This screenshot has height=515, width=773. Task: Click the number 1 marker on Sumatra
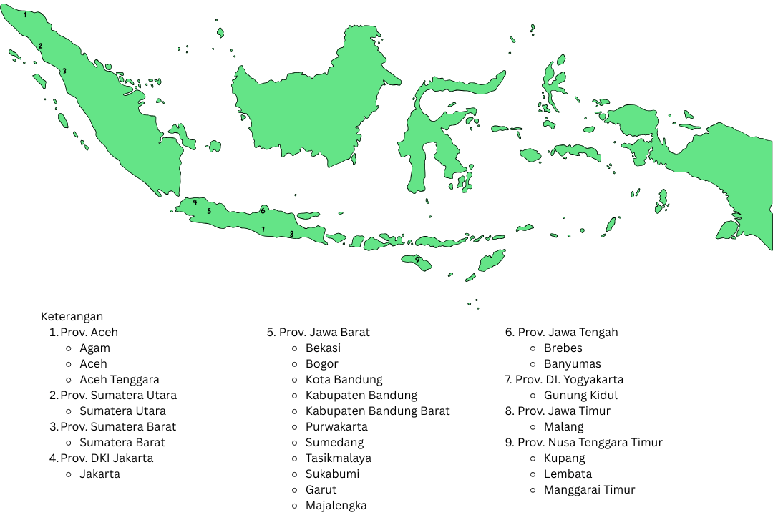click(x=25, y=14)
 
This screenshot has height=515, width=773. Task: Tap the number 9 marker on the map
click(x=417, y=259)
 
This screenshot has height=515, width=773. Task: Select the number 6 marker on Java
click(x=263, y=210)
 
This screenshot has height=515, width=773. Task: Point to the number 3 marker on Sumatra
click(x=64, y=71)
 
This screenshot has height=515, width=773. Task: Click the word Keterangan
click(x=72, y=316)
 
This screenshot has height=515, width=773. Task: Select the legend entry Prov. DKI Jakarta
click(x=107, y=458)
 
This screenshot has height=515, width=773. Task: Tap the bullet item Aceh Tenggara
click(x=120, y=379)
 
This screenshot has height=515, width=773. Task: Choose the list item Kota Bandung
click(x=344, y=379)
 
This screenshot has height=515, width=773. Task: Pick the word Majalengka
click(x=336, y=505)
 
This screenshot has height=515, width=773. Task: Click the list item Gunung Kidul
click(x=580, y=395)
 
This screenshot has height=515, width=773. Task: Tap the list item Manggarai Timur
click(x=589, y=489)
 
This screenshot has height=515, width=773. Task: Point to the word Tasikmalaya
click(x=338, y=458)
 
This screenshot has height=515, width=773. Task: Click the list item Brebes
click(x=563, y=348)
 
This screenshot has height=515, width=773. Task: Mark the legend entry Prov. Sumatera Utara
click(x=118, y=395)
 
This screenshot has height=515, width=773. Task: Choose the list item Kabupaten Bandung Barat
click(x=377, y=411)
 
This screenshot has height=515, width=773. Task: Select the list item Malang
click(x=564, y=426)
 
